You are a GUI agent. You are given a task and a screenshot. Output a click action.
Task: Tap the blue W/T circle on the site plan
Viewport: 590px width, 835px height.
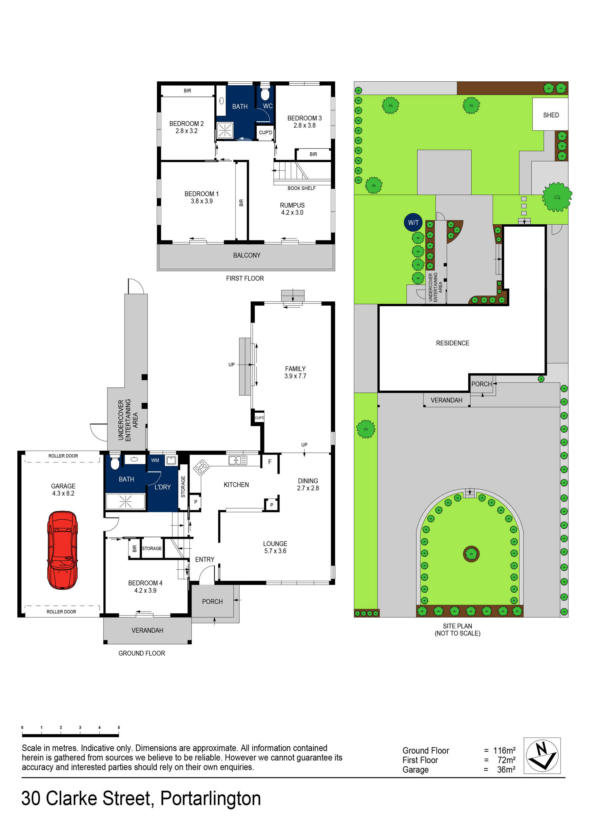[x=413, y=223]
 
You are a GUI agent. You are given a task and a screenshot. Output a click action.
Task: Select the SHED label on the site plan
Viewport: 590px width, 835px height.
[x=551, y=115]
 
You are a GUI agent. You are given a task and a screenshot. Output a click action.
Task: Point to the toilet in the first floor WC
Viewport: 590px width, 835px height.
[x=265, y=94]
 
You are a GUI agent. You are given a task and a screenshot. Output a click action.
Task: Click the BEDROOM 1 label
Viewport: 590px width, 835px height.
[x=201, y=194]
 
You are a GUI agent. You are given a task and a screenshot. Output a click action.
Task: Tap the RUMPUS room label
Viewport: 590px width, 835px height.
[x=292, y=205]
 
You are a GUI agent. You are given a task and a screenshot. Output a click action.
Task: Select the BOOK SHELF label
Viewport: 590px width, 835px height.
[x=301, y=188]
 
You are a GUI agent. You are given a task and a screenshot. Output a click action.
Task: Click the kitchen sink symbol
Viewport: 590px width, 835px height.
[x=237, y=460]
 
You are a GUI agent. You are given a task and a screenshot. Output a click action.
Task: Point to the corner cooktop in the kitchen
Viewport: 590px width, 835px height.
[x=201, y=467]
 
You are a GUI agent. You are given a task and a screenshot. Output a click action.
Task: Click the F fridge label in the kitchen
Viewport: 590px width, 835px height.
[x=270, y=462]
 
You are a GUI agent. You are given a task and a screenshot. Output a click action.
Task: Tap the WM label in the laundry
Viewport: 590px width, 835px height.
[x=155, y=460]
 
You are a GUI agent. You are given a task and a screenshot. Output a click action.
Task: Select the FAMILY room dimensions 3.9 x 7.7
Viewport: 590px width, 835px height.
[x=295, y=376]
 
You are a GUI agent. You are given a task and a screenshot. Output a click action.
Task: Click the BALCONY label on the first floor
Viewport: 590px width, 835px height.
[x=247, y=255]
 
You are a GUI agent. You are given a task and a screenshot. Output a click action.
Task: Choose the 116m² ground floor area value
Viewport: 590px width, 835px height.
[x=504, y=750]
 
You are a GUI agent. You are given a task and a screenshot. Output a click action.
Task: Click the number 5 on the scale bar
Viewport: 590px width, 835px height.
[x=119, y=727]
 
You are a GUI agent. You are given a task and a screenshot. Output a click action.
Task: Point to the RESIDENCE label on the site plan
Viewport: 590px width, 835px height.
[x=453, y=343]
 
